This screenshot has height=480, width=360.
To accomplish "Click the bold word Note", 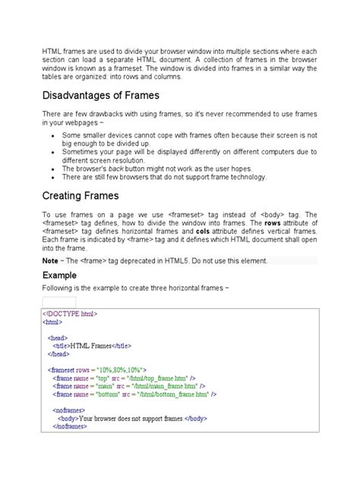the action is (49, 261).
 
